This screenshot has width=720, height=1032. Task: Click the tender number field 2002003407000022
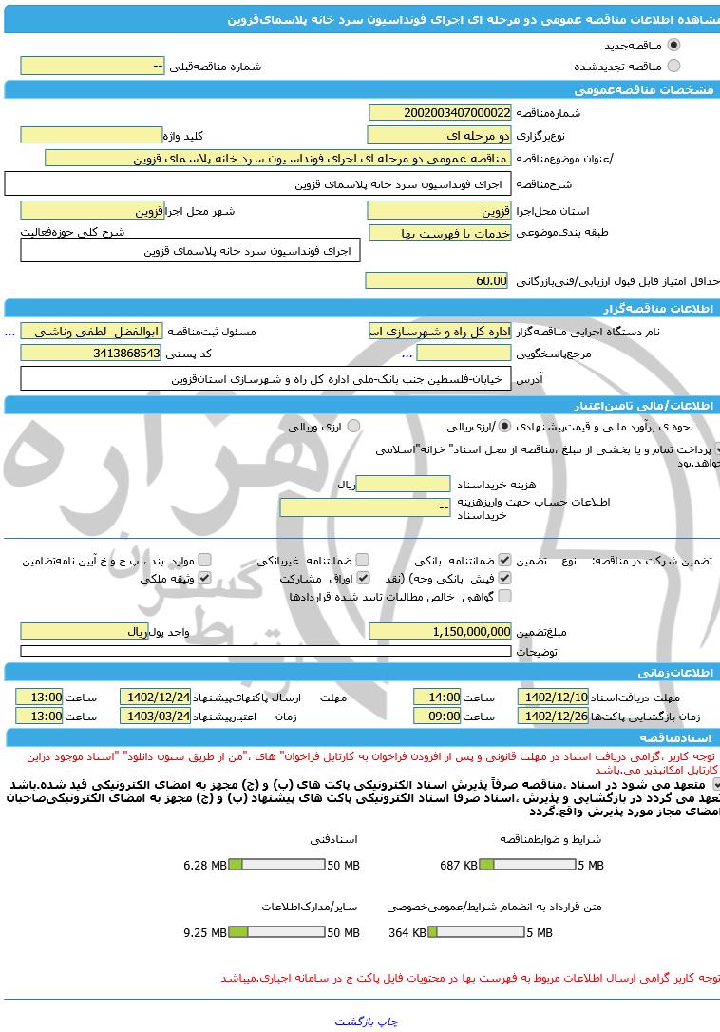(440, 112)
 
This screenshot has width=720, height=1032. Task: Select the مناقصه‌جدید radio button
(674, 46)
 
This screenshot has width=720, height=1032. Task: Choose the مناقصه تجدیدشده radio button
(674, 66)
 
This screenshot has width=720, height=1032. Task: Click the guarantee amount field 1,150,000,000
(440, 631)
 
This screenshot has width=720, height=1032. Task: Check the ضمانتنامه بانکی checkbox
(504, 561)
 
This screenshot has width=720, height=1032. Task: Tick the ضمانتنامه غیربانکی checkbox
(362, 561)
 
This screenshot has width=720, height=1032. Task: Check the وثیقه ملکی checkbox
(204, 578)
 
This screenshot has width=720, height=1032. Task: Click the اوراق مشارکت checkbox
(362, 578)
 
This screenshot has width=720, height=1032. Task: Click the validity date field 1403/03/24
(155, 716)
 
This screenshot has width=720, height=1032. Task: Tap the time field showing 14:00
(437, 697)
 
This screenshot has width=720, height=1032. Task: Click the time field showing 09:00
(437, 716)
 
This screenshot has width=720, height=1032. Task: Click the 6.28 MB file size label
(205, 865)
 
